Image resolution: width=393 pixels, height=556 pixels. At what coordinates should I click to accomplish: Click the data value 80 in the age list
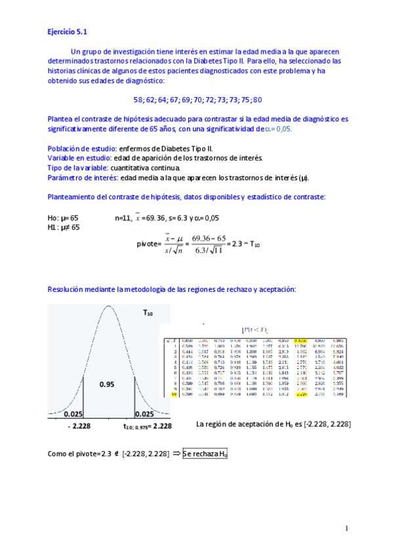257,100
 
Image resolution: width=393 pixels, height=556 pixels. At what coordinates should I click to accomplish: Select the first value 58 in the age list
138,100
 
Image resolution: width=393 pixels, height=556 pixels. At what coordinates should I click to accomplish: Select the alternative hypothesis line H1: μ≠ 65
64,227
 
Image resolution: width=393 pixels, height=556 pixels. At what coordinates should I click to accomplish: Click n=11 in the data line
125,217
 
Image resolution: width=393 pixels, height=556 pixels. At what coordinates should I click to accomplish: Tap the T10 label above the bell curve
148,314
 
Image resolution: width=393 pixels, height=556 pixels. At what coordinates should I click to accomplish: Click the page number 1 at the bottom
345,528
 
